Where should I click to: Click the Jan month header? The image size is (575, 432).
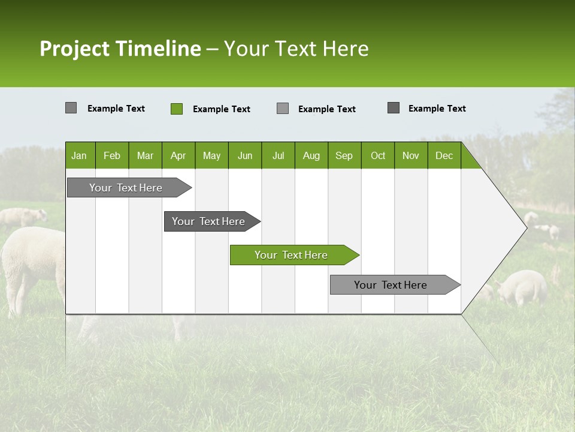point(79,155)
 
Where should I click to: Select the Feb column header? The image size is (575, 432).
point(112,155)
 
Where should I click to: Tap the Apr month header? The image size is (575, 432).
point(178,155)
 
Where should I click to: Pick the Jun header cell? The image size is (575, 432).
point(245,155)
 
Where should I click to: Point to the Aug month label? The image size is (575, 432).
point(311,155)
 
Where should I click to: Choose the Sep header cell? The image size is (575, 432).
point(344,155)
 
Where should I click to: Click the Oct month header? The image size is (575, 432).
point(378,155)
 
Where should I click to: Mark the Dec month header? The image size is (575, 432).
point(444,155)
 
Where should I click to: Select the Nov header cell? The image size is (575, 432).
point(411,155)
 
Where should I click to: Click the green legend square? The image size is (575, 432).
point(177,109)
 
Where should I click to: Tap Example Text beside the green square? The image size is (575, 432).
point(222,109)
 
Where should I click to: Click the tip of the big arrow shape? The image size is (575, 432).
point(525,227)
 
